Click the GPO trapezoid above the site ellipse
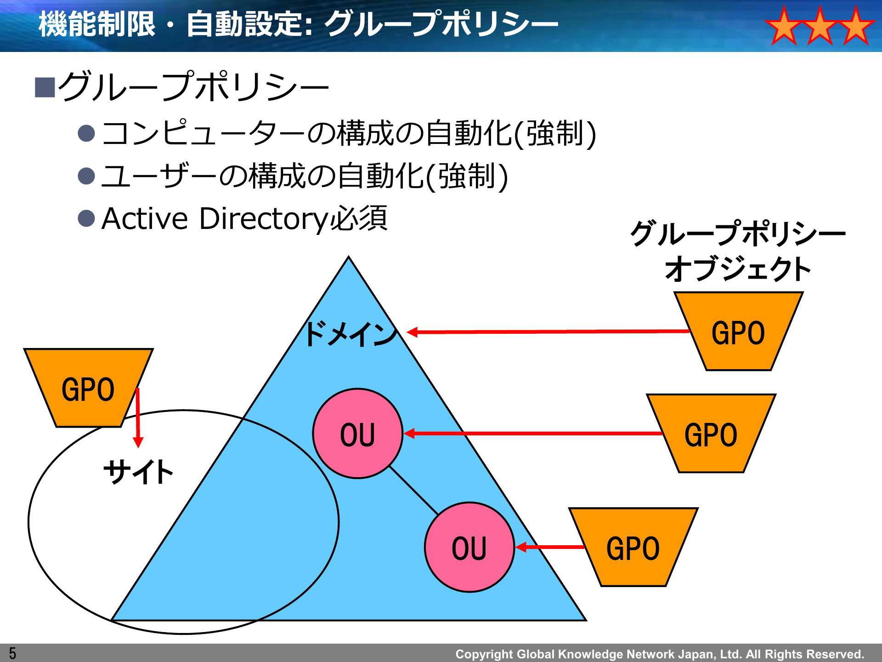coord(88,388)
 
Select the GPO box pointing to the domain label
coord(738,331)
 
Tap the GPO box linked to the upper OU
coord(711,433)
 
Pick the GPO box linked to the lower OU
coord(633,547)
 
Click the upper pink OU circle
coord(358,434)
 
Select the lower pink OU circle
coord(469,547)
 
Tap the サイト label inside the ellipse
coord(138,472)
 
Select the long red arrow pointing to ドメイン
coord(548,331)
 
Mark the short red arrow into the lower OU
coord(550,547)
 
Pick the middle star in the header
coord(820,26)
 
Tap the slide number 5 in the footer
coord(12,653)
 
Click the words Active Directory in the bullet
coord(215,218)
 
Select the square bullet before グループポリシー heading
coord(45,87)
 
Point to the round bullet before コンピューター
coord(86,133)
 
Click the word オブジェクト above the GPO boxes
coord(738,269)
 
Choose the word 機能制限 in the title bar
coord(97,24)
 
